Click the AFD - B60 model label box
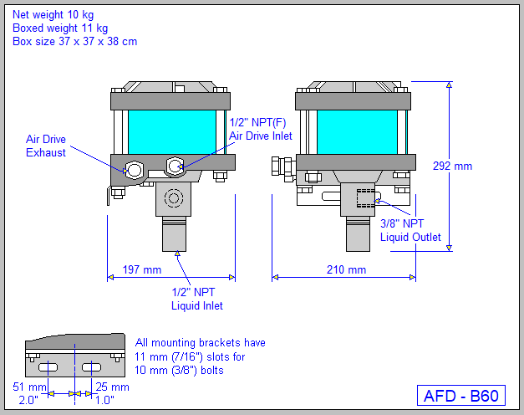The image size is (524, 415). click(460, 396)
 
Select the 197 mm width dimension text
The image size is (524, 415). click(141, 270)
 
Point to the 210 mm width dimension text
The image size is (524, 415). click(346, 270)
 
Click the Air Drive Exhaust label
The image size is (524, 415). click(46, 146)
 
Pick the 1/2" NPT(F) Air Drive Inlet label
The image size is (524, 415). click(260, 129)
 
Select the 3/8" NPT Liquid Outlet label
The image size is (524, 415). click(410, 230)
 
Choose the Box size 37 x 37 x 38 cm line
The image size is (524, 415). click(74, 41)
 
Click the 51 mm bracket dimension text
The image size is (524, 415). click(29, 387)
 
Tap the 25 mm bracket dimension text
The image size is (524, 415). click(113, 387)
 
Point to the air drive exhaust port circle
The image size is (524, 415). click(133, 170)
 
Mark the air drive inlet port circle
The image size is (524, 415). click(175, 167)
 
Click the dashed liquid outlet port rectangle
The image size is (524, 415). click(366, 198)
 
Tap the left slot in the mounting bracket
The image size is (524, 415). click(48, 368)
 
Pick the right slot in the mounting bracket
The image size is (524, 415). click(93, 368)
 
